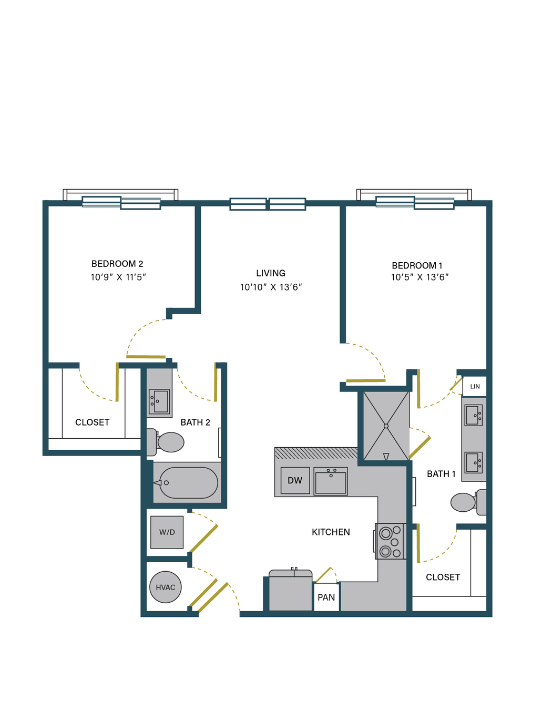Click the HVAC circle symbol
click(165, 587)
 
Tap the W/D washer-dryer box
click(167, 532)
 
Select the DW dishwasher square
click(295, 480)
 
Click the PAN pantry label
click(326, 597)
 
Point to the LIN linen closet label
click(475, 386)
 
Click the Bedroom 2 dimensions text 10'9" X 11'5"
click(118, 277)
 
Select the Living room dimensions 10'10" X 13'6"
click(271, 287)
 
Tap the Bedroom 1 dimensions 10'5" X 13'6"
click(420, 277)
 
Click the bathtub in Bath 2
click(188, 483)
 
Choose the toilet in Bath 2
click(166, 442)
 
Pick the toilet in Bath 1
click(468, 502)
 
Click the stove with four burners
click(391, 541)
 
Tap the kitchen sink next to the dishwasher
click(331, 481)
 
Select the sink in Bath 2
click(159, 401)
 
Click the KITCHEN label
click(331, 532)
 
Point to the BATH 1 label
click(441, 474)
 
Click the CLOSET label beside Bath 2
click(92, 422)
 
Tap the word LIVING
click(271, 273)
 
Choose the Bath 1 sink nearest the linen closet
click(474, 415)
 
